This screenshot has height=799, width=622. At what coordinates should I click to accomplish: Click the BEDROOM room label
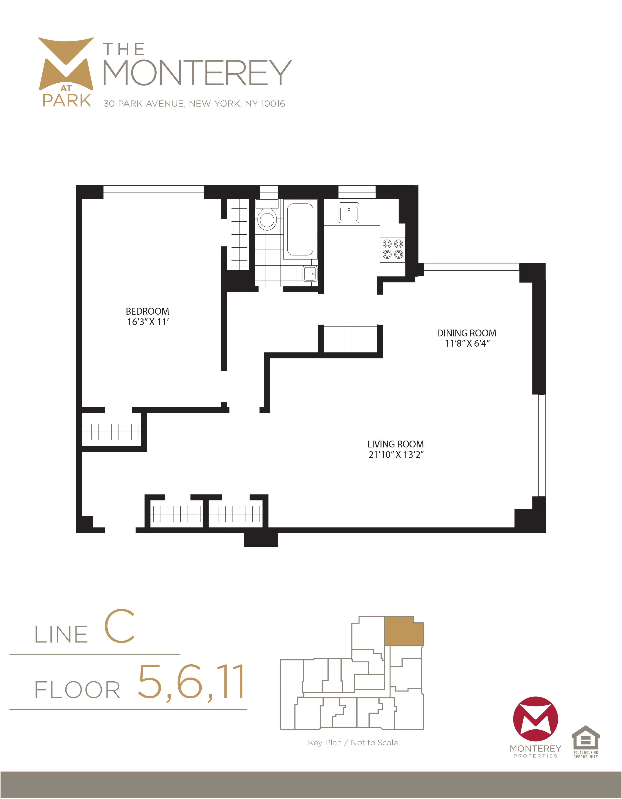pyautogui.click(x=148, y=311)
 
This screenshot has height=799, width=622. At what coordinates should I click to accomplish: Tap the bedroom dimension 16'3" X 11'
pyautogui.click(x=148, y=322)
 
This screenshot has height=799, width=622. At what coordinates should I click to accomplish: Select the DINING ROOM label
pyautogui.click(x=466, y=333)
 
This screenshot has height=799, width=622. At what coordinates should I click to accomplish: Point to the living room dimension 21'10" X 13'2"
pyautogui.click(x=396, y=455)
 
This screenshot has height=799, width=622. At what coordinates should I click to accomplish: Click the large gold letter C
pyautogui.click(x=120, y=626)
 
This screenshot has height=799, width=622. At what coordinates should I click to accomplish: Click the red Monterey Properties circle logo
pyautogui.click(x=535, y=719)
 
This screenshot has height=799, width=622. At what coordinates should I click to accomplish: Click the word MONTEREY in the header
pyautogui.click(x=198, y=73)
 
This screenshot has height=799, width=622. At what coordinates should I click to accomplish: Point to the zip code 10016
pyautogui.click(x=273, y=104)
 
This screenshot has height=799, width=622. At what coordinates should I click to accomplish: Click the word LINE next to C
pyautogui.click(x=61, y=635)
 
